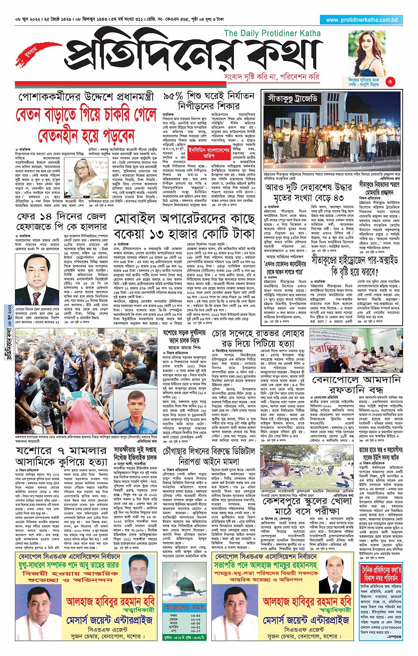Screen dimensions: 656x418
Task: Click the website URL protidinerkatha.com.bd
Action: click(362, 20)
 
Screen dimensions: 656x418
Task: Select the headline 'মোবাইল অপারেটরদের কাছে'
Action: click(184, 219)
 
